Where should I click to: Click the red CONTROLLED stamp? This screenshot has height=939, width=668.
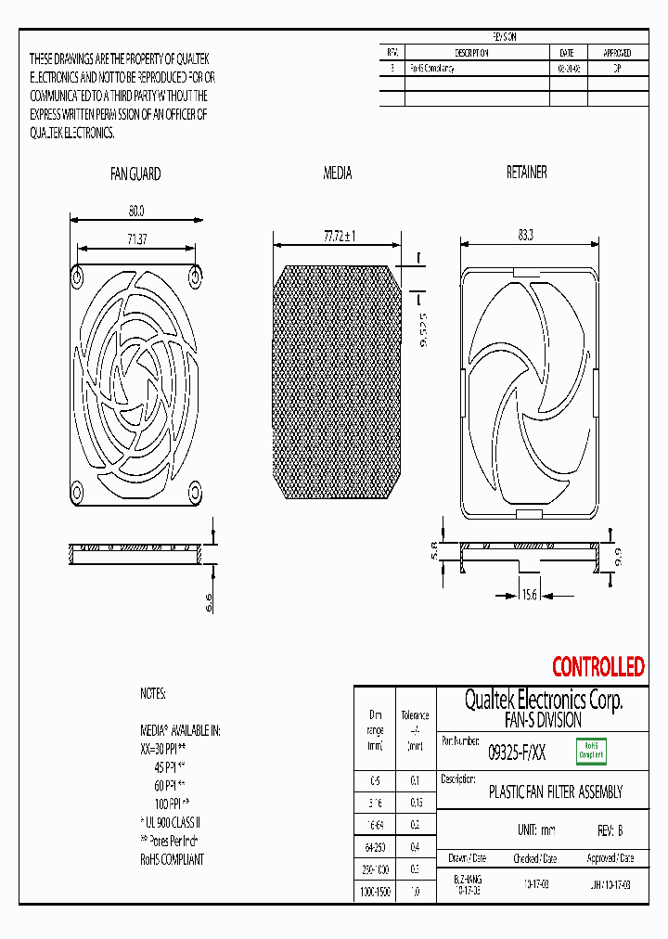(x=597, y=666)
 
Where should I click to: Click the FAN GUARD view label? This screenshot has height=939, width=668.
(x=135, y=174)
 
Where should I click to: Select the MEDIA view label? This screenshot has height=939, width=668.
(x=337, y=174)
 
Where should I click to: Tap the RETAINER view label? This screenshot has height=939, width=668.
(x=526, y=173)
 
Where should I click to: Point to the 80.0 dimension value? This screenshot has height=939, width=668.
(x=135, y=211)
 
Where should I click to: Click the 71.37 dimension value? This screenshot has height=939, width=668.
(x=137, y=240)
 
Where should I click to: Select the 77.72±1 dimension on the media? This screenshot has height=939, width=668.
(x=340, y=237)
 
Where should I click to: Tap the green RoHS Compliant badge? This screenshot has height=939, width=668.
(x=591, y=750)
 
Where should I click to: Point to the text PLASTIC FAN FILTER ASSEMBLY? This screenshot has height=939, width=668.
(x=555, y=792)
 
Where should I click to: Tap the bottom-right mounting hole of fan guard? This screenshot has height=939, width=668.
(x=196, y=490)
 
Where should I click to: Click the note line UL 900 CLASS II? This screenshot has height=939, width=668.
(x=172, y=822)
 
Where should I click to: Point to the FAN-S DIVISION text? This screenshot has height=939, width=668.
(x=543, y=720)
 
